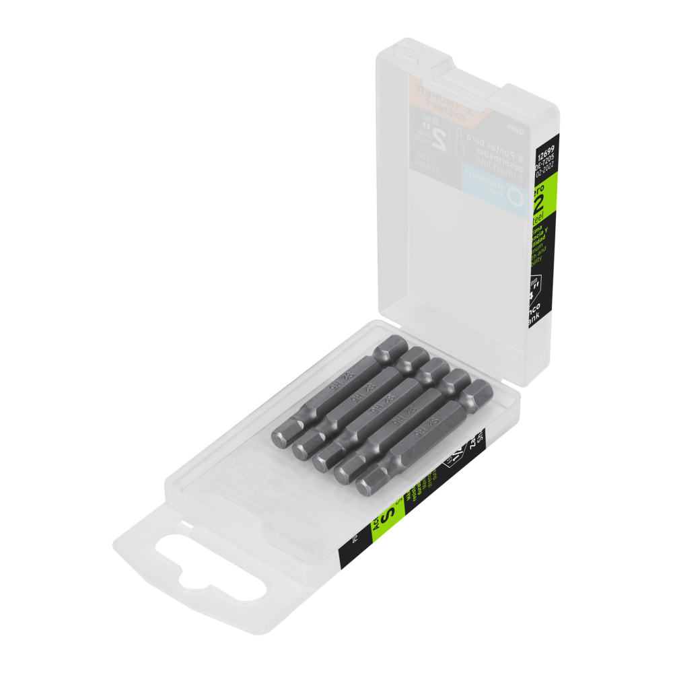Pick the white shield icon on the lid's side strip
click(536, 282)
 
